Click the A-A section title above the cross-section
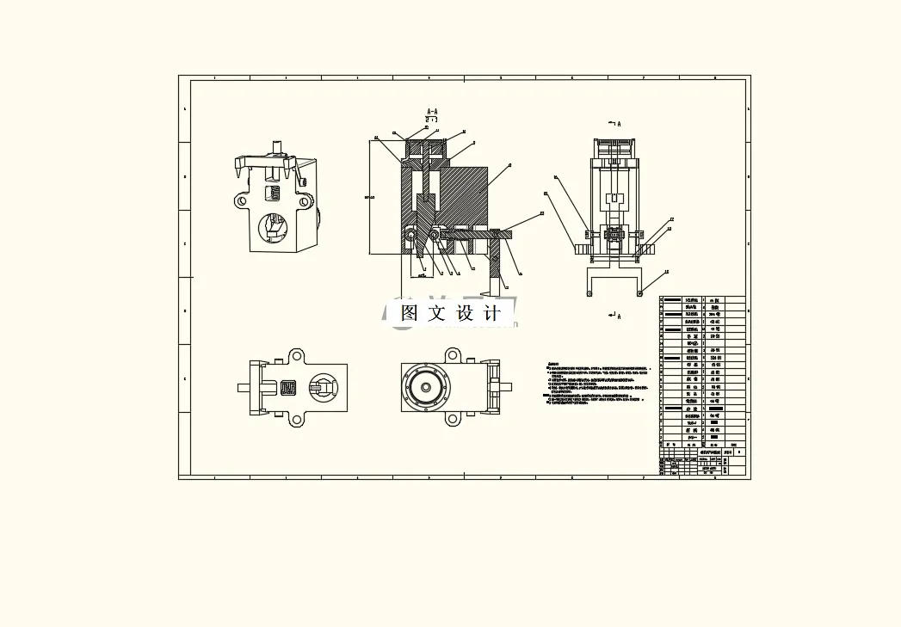pyautogui.click(x=432, y=112)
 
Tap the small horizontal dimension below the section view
pyautogui.click(x=421, y=276)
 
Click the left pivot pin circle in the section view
pyautogui.click(x=412, y=234)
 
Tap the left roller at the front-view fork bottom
pyautogui.click(x=589, y=293)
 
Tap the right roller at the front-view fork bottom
pyautogui.click(x=639, y=293)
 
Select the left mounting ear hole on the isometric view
pyautogui.click(x=241, y=201)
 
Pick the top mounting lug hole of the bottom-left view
pyautogui.click(x=296, y=355)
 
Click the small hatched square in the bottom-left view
pyautogui.click(x=289, y=388)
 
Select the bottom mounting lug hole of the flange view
pyautogui.click(x=452, y=420)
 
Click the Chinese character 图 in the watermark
pyautogui.click(x=410, y=313)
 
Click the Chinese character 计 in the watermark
pyautogui.click(x=493, y=313)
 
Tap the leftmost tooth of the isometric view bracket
pyautogui.click(x=238, y=172)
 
